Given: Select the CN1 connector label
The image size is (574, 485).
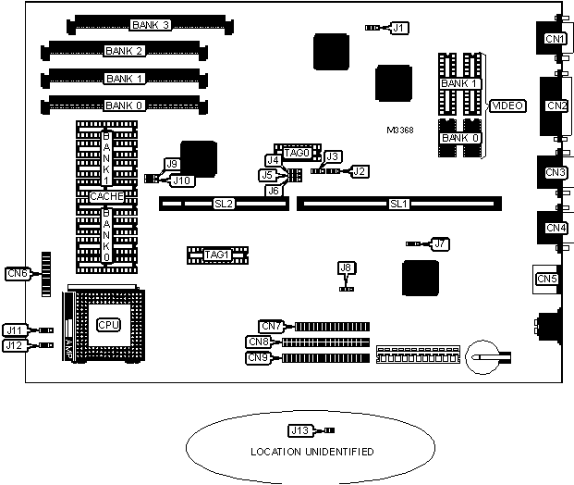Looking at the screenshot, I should pos(555,39).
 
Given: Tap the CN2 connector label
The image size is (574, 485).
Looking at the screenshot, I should pos(556,106).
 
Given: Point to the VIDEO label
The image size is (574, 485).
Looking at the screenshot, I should pos(507,106).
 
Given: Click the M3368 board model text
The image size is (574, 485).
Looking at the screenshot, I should pos(400,130).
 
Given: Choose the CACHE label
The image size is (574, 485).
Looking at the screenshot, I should pos(107,196).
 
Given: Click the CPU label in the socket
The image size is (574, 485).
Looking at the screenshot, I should pos(109,325).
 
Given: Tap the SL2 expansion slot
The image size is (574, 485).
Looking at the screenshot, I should pos(224,203).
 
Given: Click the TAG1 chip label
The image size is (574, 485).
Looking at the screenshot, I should pos(217,254).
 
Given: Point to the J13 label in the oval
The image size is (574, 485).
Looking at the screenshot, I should pos(299,429).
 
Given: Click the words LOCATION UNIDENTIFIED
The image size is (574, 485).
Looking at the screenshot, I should pos(312,452).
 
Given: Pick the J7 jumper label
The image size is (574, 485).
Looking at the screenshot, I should pos(441,243).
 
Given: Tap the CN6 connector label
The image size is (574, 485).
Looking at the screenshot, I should pos(17,272).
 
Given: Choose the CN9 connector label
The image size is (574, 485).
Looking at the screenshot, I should pos(259,357).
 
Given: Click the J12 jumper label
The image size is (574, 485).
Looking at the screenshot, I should pos(14,345).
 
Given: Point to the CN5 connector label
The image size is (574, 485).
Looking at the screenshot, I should pos(547,278).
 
